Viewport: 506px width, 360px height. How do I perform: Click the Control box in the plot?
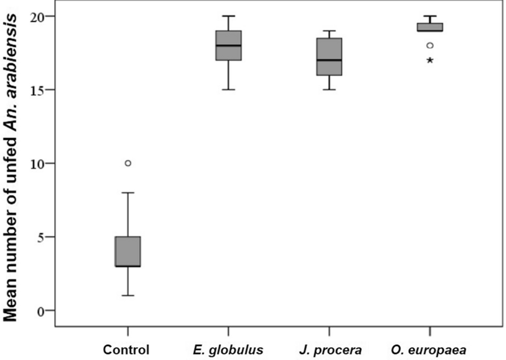pyautogui.click(x=128, y=251)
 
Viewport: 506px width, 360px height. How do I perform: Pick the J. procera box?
pyautogui.click(x=329, y=56)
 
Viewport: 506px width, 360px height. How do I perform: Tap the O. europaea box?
pyautogui.click(x=429, y=27)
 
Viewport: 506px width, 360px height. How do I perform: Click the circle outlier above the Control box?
pyautogui.click(x=128, y=163)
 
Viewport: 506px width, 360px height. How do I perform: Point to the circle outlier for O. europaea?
pyautogui.click(x=429, y=46)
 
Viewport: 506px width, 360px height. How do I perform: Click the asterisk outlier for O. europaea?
pyautogui.click(x=429, y=60)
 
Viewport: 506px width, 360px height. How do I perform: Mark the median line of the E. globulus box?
pyautogui.click(x=228, y=46)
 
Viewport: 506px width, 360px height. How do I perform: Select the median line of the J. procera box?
pyautogui.click(x=329, y=60)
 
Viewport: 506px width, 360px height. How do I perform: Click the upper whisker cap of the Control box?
pyautogui.click(x=128, y=192)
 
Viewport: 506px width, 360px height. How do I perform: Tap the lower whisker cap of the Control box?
pyautogui.click(x=128, y=295)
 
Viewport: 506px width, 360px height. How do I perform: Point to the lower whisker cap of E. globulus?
pyautogui.click(x=228, y=90)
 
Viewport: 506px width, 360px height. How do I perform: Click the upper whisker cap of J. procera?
pyautogui.click(x=329, y=31)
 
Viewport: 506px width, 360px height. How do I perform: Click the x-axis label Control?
pyautogui.click(x=128, y=349)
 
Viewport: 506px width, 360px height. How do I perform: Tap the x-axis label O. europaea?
pyautogui.click(x=429, y=349)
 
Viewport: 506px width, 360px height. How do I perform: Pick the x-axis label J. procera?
pyautogui.click(x=329, y=349)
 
